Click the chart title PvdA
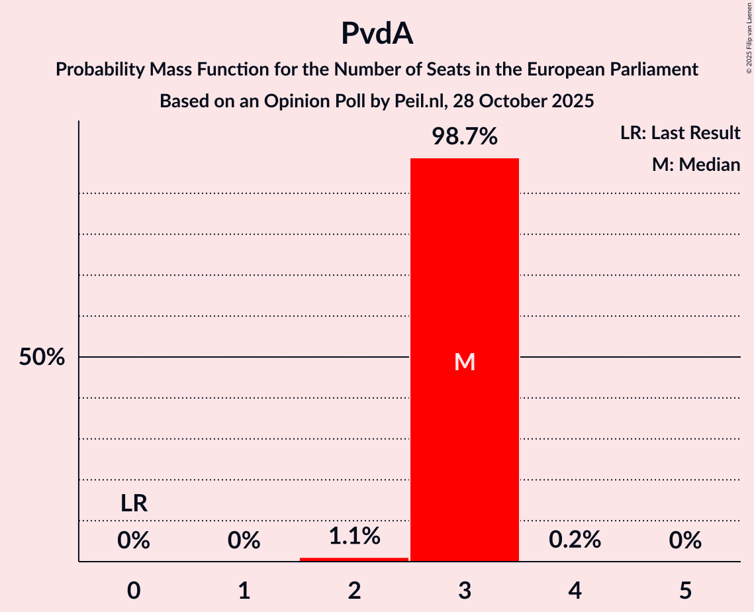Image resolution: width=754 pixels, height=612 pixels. point(377,34)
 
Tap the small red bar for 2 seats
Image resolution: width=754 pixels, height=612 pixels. point(354,559)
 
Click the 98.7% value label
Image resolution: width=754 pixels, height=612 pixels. point(465,136)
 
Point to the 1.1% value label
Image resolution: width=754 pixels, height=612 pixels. point(354,536)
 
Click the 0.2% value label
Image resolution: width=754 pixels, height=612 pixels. point(575,540)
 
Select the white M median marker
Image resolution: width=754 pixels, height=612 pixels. point(465,362)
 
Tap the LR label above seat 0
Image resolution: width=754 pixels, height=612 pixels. point(134,504)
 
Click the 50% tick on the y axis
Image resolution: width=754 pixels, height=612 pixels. point(42,358)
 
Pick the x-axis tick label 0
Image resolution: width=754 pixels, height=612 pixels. point(134,590)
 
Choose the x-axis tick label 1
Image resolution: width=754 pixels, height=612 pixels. point(244,590)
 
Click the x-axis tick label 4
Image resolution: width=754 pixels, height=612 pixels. point(575,590)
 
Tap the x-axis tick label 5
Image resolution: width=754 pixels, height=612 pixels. point(685,590)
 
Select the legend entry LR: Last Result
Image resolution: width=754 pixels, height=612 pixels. point(680,133)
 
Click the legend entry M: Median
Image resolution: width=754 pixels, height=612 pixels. point(696,164)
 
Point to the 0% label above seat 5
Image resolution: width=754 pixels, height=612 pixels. point(685,540)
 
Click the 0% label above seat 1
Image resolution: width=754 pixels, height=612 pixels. point(244,540)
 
